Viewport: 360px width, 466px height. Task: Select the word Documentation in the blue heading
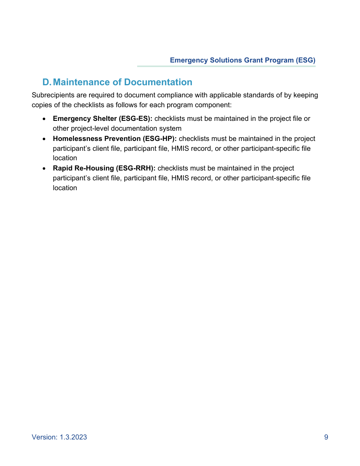158,82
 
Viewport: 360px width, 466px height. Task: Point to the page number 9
326,437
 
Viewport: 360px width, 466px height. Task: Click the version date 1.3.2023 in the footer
73,437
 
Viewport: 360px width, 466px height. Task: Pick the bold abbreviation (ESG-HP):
160,139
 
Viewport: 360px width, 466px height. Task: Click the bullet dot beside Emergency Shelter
44,119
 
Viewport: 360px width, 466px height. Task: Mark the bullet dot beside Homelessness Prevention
44,139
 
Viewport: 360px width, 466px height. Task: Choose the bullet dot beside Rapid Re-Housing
44,169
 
